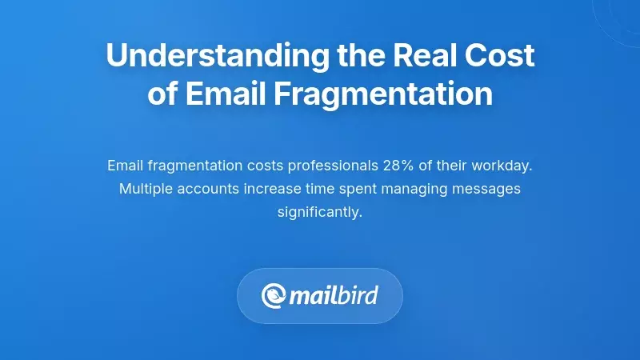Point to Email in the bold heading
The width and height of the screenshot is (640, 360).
[x=226, y=94]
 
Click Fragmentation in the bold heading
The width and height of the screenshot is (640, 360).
[x=383, y=94]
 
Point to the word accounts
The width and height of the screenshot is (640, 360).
[x=208, y=189]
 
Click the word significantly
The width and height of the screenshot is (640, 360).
[x=320, y=212]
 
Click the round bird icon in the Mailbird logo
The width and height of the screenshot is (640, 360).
[x=274, y=296]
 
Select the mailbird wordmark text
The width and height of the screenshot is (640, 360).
[x=334, y=296]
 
